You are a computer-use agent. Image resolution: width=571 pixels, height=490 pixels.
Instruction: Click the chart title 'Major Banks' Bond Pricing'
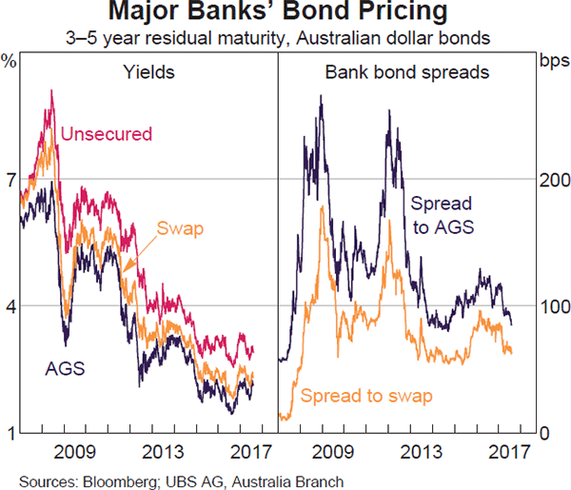pyautogui.click(x=285, y=13)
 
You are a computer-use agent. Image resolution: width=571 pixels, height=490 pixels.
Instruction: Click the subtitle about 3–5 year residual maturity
pyautogui.click(x=285, y=39)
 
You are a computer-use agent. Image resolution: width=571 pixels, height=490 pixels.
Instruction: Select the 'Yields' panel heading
pyautogui.click(x=148, y=71)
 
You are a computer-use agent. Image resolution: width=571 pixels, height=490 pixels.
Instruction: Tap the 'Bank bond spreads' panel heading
pyautogui.click(x=408, y=71)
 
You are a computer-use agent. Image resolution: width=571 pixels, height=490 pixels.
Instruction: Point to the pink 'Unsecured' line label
pyautogui.click(x=106, y=133)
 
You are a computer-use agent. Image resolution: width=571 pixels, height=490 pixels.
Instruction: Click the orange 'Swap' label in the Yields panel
pyautogui.click(x=181, y=228)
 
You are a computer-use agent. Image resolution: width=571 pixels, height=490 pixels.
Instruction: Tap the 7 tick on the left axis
pyautogui.click(x=10, y=179)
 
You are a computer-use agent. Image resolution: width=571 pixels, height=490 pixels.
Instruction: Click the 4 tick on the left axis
pyautogui.click(x=10, y=306)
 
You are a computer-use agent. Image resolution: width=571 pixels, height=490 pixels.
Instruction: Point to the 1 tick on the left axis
pyautogui.click(x=10, y=434)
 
